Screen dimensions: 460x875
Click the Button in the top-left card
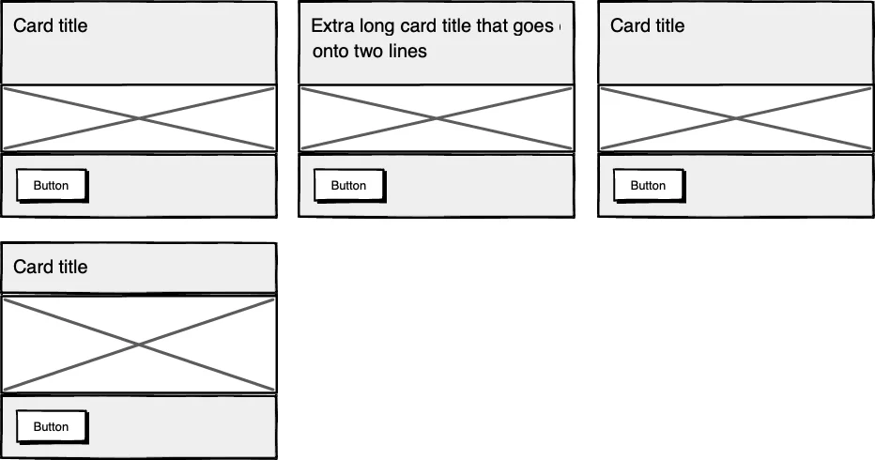click(x=51, y=186)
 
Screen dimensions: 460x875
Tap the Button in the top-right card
click(x=648, y=186)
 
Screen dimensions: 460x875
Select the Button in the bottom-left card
click(x=51, y=427)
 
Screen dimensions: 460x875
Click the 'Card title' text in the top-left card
click(x=50, y=25)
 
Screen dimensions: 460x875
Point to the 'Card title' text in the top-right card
click(x=647, y=25)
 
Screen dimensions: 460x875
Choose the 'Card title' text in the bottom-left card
click(x=50, y=267)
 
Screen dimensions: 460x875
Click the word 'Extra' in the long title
click(x=330, y=25)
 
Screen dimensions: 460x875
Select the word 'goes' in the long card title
click(x=533, y=26)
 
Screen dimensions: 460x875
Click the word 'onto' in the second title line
click(x=330, y=52)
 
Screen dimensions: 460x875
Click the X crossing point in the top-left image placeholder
click(x=139, y=118)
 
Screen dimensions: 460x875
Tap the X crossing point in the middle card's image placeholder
click(x=436, y=118)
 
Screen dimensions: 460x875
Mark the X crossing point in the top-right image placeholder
click(x=735, y=118)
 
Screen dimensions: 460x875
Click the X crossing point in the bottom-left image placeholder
click(x=139, y=345)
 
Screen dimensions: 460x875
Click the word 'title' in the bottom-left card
click(x=70, y=267)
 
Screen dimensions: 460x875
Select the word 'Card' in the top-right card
click(x=628, y=25)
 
